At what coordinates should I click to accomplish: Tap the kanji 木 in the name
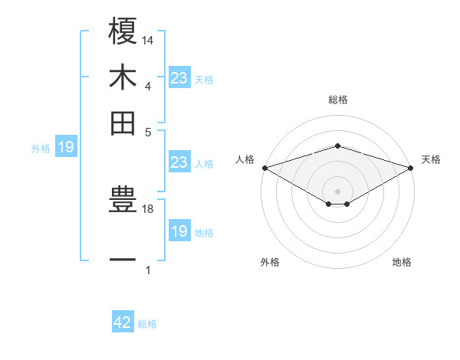pyautogui.click(x=123, y=77)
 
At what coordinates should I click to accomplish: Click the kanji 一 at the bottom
pyautogui.click(x=123, y=260)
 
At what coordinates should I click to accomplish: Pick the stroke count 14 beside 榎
pyautogui.click(x=148, y=39)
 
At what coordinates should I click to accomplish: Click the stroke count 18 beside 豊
pyautogui.click(x=148, y=209)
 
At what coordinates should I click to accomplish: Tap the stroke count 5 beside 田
pyautogui.click(x=148, y=131)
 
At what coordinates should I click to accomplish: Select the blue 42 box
pyautogui.click(x=123, y=322)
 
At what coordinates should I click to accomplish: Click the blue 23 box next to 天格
pyautogui.click(x=179, y=77)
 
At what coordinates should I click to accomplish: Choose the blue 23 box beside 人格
pyautogui.click(x=179, y=162)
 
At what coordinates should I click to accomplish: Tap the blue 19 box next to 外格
pyautogui.click(x=66, y=147)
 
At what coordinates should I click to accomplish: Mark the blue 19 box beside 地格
pyautogui.click(x=179, y=231)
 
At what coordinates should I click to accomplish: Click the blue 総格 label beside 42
pyautogui.click(x=147, y=324)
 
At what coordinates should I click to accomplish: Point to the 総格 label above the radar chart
pyautogui.click(x=337, y=100)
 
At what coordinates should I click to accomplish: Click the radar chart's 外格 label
pyautogui.click(x=270, y=262)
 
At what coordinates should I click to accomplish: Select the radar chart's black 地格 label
pyautogui.click(x=402, y=262)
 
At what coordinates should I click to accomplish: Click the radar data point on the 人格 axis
pyautogui.click(x=264, y=167)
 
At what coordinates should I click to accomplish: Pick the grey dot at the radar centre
pyautogui.click(x=337, y=191)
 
